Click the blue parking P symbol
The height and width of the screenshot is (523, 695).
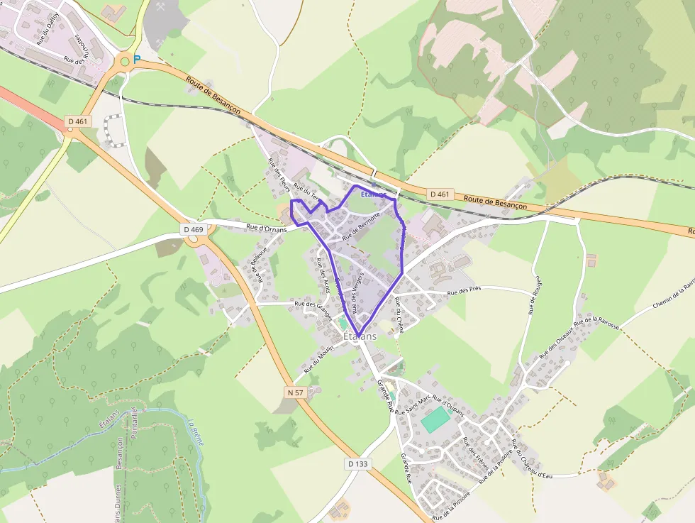(x=137, y=60)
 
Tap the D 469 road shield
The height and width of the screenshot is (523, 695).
(x=193, y=229)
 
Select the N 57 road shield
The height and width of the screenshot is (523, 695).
(x=296, y=392)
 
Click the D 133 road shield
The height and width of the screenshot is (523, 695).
(x=358, y=463)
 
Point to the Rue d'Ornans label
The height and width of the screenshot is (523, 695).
(x=266, y=228)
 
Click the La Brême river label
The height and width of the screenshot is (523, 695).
(x=196, y=431)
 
